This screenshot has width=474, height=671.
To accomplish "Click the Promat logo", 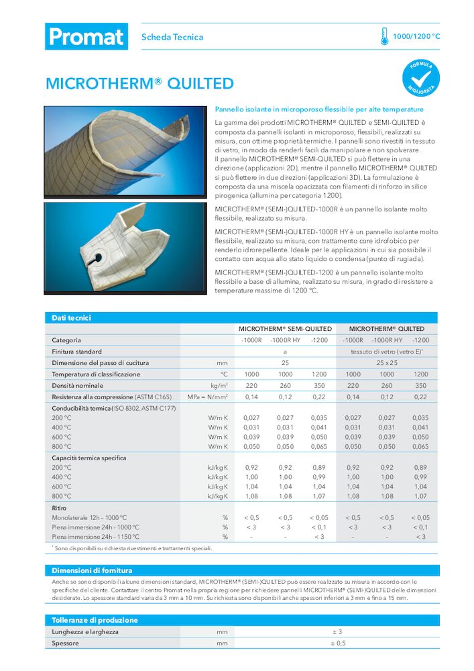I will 86,36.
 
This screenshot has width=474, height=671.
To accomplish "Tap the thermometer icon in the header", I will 384,36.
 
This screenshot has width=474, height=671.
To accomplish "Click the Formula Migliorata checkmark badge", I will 421,77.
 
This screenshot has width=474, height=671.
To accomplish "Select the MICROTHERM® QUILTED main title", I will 139,84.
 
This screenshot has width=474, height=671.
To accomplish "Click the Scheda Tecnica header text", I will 172,37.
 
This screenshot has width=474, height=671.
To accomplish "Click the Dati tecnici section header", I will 72,318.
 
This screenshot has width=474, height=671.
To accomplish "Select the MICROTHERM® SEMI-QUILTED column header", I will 285,329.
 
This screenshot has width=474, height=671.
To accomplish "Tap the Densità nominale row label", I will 78,386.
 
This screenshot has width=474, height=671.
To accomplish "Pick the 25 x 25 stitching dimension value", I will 387,363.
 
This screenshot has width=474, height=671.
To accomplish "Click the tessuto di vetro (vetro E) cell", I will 387,352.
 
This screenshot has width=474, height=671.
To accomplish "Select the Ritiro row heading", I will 59,509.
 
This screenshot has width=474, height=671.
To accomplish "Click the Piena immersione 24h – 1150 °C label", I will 96,537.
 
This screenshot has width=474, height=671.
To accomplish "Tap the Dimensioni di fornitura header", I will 92,570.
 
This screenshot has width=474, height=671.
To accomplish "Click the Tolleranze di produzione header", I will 95,620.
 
